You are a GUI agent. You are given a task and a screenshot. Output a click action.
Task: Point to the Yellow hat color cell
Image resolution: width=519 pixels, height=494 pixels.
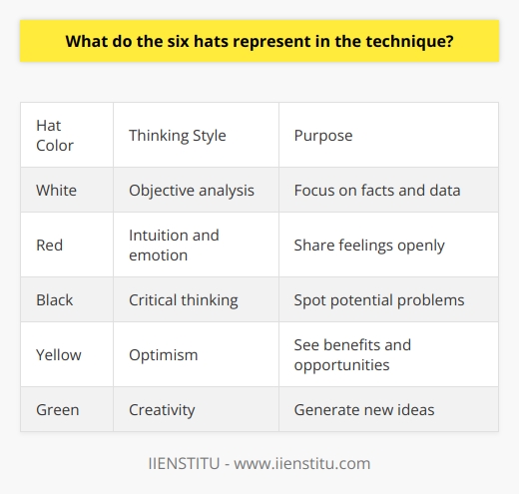coord(60,354)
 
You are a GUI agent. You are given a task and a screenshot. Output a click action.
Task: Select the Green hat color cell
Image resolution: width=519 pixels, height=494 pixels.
coord(58,409)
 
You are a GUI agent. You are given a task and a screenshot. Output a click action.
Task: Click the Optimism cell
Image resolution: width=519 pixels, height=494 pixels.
coord(165,354)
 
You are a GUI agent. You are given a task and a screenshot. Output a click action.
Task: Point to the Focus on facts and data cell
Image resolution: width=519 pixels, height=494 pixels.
coord(376,190)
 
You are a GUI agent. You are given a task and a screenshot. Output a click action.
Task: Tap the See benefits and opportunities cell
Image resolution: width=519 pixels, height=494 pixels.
coord(351,354)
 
